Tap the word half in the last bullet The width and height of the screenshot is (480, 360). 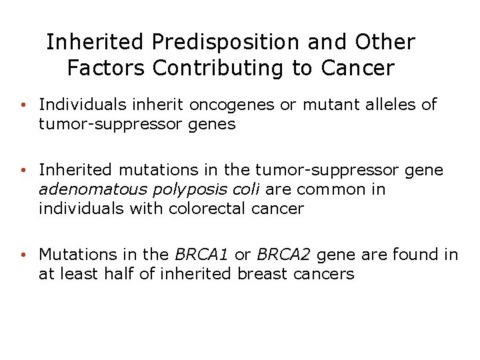pos(121,274)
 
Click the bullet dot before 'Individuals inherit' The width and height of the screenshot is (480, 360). pos(23,105)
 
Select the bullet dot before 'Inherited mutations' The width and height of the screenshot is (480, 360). pos(23,171)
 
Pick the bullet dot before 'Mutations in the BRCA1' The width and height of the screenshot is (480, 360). pos(23,255)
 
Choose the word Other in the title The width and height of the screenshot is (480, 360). pos(385,43)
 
